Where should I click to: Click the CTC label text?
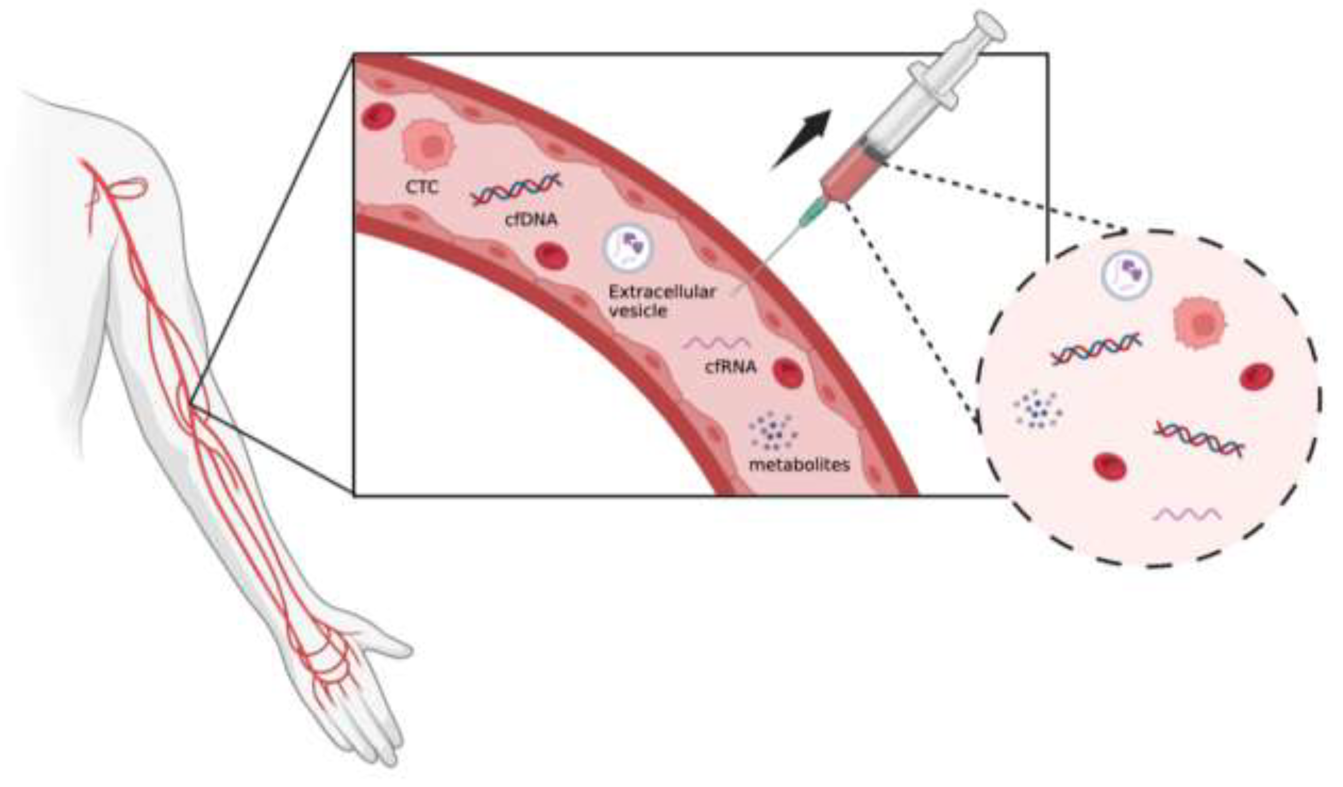[422, 188]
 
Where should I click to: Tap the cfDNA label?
[531, 219]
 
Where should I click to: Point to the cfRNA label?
[731, 367]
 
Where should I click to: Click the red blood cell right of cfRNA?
[788, 373]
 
